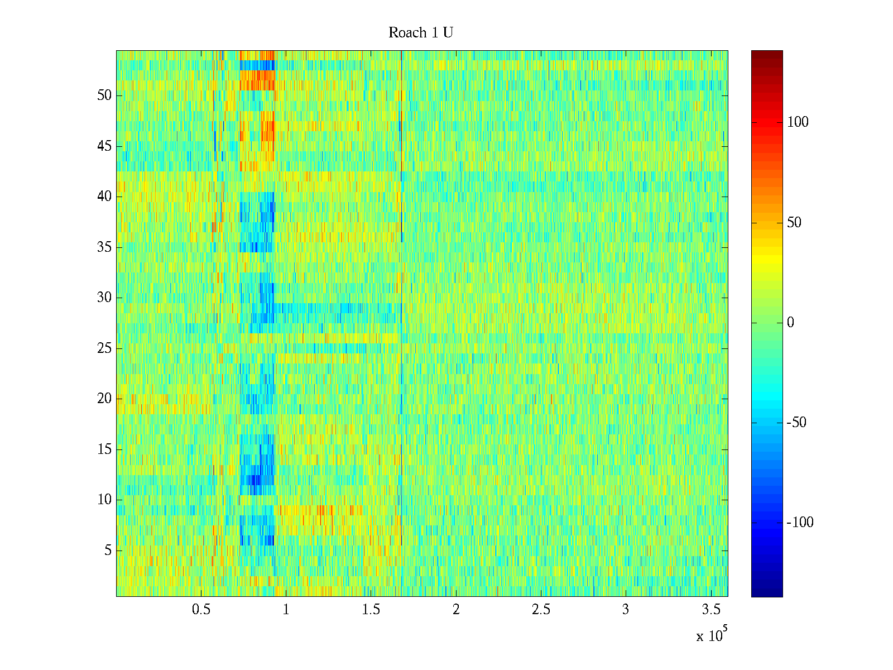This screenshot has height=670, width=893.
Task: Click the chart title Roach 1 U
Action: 420,33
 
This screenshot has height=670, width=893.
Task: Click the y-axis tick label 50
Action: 104,95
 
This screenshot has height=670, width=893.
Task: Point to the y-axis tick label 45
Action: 104,146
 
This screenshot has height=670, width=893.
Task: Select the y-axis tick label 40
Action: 104,197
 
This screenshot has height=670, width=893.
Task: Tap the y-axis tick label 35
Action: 104,247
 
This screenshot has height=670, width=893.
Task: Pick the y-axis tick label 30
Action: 104,298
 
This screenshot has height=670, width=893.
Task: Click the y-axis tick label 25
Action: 104,348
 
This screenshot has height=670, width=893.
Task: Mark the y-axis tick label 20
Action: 104,399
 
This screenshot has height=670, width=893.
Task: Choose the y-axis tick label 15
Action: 104,449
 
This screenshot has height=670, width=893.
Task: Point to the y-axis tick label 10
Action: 104,500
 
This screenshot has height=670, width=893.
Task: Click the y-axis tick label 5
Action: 108,551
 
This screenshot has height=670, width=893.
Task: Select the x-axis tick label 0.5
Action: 201,610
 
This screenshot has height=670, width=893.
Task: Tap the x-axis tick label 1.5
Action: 371,610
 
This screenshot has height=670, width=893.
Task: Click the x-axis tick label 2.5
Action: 541,610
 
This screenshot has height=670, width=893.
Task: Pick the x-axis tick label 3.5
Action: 710,610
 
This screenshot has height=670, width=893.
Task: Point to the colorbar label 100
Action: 798,122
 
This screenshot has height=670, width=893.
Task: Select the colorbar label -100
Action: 800,523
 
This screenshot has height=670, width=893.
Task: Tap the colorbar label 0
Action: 790,323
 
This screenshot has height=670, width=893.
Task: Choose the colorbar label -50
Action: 796,423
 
